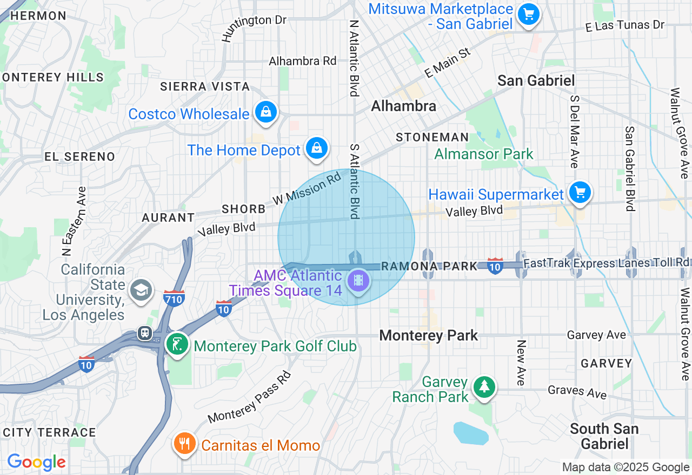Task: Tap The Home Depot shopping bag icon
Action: tap(316, 148)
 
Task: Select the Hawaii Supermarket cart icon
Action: tap(580, 192)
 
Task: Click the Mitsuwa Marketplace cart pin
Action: tap(528, 14)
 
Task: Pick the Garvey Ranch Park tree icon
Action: tap(484, 387)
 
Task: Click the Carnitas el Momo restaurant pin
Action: tap(185, 443)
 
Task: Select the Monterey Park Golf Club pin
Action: tap(177, 344)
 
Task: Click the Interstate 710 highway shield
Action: tap(174, 297)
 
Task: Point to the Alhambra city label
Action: tap(403, 106)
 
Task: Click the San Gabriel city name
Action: tap(536, 81)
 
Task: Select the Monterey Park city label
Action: tap(428, 336)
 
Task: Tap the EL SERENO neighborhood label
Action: tap(79, 157)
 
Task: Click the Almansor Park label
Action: tap(484, 154)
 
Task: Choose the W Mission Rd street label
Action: tap(307, 188)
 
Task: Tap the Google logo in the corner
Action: tap(36, 462)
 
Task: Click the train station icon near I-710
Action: tap(145, 333)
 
